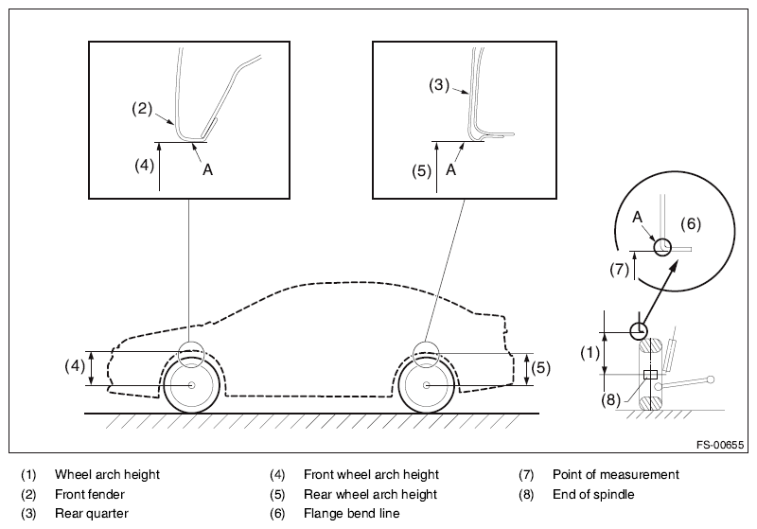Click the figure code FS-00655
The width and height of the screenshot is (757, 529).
click(x=720, y=445)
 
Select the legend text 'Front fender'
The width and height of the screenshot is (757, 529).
click(x=90, y=494)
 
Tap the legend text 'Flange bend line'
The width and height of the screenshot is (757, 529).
click(x=351, y=513)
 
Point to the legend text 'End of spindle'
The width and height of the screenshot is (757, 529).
click(x=593, y=494)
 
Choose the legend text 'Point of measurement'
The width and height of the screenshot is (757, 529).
click(x=616, y=474)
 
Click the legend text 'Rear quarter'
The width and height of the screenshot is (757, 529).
click(x=92, y=513)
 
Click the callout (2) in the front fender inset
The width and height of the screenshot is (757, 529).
click(x=142, y=109)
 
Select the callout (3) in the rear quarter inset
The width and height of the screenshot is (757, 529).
click(x=439, y=85)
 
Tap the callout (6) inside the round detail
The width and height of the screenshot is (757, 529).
click(x=691, y=223)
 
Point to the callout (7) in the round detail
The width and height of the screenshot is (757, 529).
click(x=620, y=270)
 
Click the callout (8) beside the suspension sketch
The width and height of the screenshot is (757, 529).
click(x=610, y=399)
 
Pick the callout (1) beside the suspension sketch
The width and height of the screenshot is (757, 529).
click(x=590, y=353)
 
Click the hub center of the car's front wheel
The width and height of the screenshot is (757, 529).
click(x=192, y=385)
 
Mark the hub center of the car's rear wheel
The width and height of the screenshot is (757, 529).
click(x=427, y=385)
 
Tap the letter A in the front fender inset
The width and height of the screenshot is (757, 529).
click(x=207, y=170)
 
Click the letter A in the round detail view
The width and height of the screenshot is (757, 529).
click(x=637, y=218)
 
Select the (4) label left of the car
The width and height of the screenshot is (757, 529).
click(x=75, y=366)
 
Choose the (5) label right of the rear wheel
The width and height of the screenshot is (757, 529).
click(x=540, y=368)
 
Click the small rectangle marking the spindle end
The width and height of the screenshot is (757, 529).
click(x=651, y=375)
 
